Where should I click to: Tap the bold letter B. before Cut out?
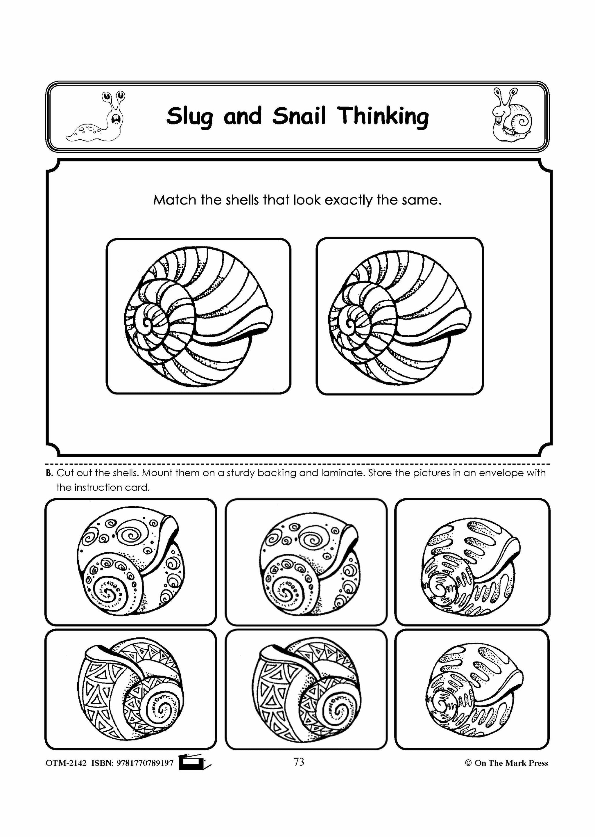click(49, 473)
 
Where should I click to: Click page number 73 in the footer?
click(299, 762)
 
